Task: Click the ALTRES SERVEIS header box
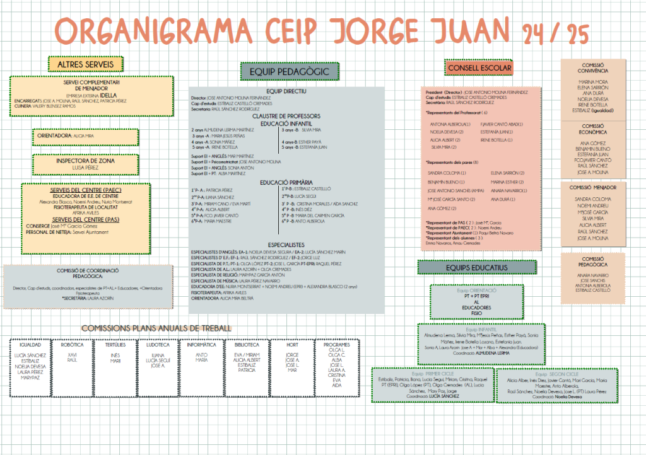(86, 64)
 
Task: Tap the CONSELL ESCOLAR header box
(479, 67)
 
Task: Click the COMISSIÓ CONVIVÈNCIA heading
(592, 67)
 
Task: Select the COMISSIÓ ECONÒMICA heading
(592, 129)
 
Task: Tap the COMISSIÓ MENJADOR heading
(592, 187)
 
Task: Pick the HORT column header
(292, 345)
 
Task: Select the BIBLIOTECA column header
(247, 345)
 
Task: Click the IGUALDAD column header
(30, 345)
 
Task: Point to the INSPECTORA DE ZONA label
(84, 160)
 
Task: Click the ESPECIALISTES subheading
(286, 244)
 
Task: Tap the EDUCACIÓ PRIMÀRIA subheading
(286, 183)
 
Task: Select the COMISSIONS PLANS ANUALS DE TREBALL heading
(156, 328)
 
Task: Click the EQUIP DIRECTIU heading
(286, 91)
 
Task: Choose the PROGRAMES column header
(336, 345)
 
